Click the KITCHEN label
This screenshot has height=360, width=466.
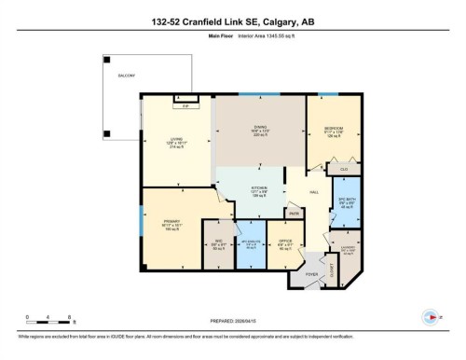pos(259,188)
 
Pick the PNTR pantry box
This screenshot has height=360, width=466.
pos(293,214)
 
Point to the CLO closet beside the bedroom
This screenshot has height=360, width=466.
pos(331,169)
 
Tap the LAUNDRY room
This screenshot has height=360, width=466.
pos(348,247)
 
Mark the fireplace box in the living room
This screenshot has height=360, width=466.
pos(185,108)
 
